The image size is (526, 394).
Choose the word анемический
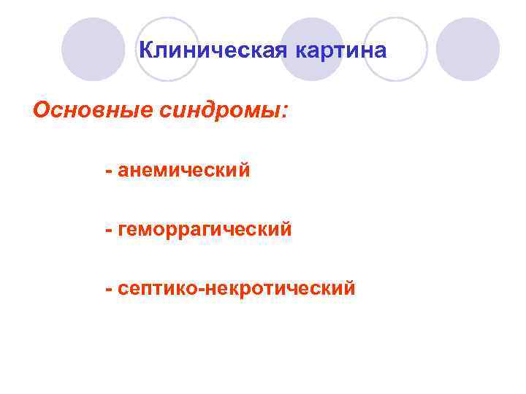pos(183,171)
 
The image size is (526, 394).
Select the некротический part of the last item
pos(281,288)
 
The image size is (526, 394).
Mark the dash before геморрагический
pos(108,231)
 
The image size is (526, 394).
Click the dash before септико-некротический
pos(108,289)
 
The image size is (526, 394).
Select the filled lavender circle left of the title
pos(93,49)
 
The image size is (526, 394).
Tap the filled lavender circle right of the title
pos(468,49)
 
